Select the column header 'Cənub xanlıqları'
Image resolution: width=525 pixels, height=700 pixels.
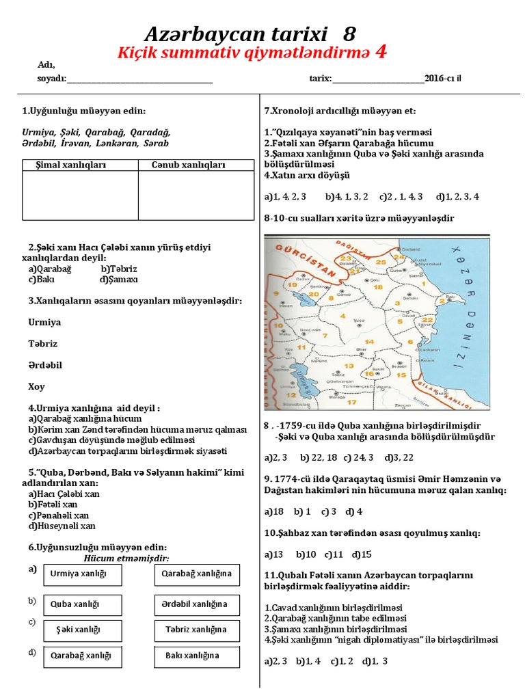point(189,165)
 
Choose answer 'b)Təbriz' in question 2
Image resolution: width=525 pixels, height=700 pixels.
point(119,269)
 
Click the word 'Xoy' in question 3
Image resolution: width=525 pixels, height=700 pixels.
point(37,387)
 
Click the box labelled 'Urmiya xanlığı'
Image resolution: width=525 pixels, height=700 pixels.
point(83,575)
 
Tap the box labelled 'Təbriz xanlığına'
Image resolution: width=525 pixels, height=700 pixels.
point(197,630)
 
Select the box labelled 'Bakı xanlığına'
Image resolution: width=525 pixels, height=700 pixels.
point(197,656)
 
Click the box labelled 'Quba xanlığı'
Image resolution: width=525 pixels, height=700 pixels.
point(83,605)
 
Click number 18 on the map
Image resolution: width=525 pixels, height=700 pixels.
point(379,287)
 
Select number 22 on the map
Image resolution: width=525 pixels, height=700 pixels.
point(428,319)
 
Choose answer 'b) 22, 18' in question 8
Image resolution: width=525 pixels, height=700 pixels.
point(317,457)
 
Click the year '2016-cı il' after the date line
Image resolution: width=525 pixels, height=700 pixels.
point(442,79)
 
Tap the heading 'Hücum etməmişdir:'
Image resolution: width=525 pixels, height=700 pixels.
point(126,558)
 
